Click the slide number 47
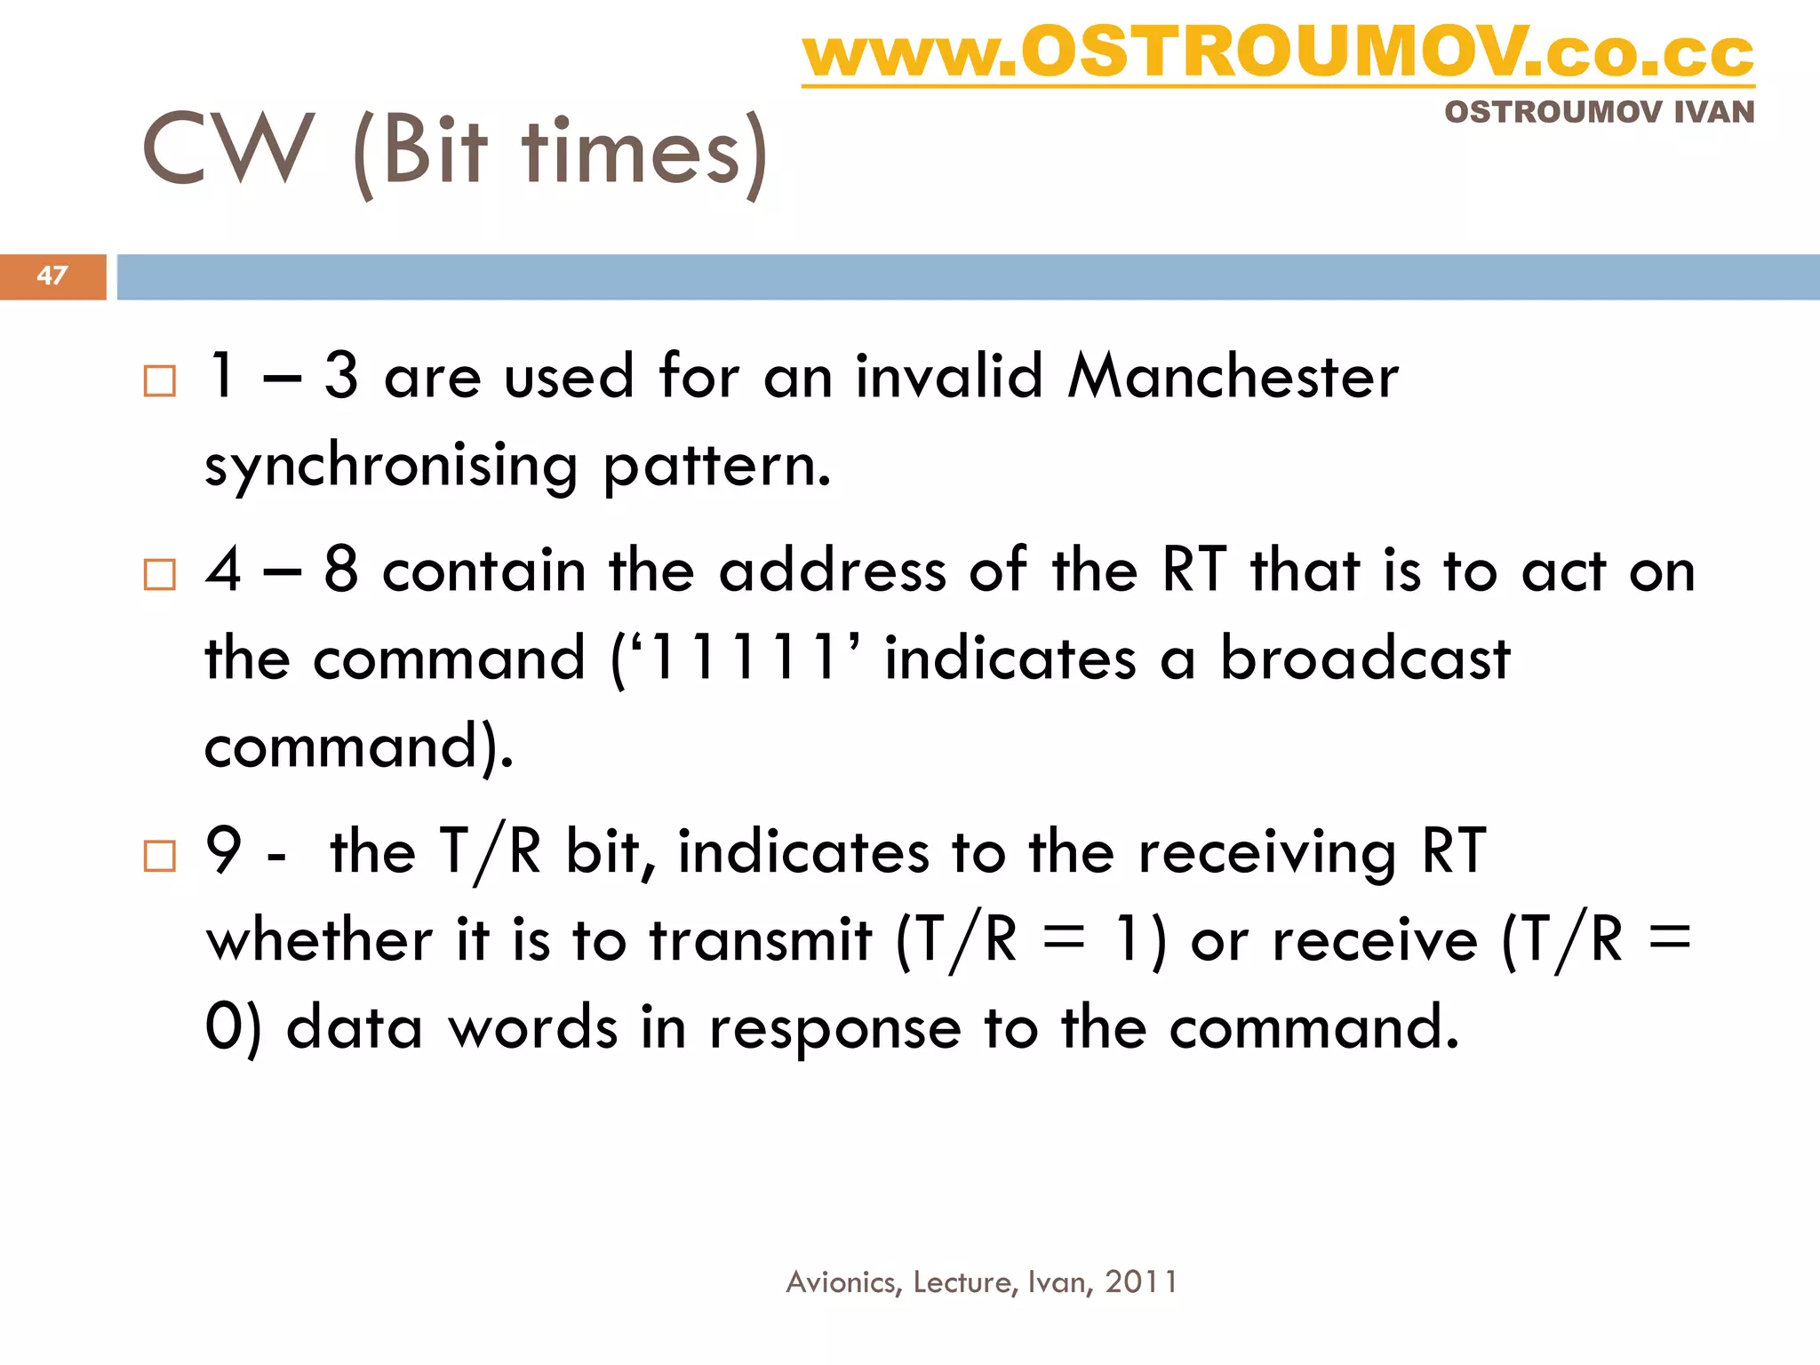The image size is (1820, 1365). coord(52,275)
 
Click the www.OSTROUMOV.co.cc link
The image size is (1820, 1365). coord(1278,53)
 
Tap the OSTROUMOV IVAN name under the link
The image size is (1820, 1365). coord(1599,113)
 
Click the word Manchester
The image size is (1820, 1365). coord(1233,377)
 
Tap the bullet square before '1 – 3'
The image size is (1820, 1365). coord(160,381)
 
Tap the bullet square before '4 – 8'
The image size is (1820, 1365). coord(160,575)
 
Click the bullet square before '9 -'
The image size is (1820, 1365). coord(160,857)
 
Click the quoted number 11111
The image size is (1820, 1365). coord(744,659)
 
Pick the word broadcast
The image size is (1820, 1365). coord(1365,659)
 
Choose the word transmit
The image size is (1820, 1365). coord(761,940)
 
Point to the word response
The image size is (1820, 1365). coord(835,1029)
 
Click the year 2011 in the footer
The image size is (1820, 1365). coord(1141,1281)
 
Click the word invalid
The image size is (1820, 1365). coord(948,377)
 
